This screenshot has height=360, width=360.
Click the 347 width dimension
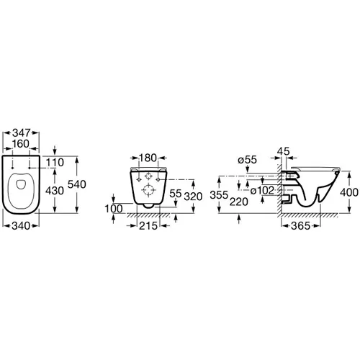(x=22, y=132)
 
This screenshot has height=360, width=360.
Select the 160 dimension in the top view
(x=21, y=144)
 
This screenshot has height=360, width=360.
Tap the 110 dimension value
(x=55, y=163)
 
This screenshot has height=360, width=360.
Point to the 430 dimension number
(x=55, y=191)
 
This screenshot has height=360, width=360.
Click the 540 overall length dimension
(x=77, y=184)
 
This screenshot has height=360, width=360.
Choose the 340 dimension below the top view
(x=21, y=226)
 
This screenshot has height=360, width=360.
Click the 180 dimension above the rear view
(x=148, y=158)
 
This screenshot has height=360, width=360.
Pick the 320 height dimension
(x=193, y=197)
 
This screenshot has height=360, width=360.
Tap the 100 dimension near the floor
(x=114, y=209)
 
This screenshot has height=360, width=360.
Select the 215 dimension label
(x=148, y=226)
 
